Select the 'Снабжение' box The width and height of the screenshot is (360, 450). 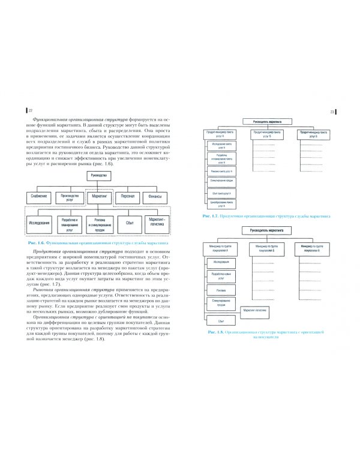coord(39,196)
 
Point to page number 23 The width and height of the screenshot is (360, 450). coord(332,112)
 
